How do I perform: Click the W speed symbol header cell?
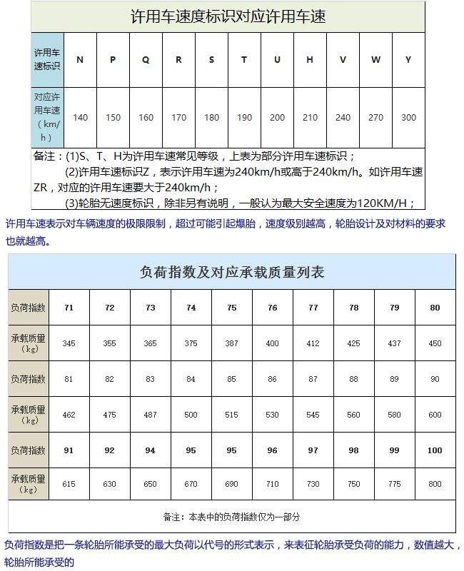(x=375, y=60)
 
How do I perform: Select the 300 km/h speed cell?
(x=408, y=118)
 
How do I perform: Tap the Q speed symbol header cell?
(x=146, y=60)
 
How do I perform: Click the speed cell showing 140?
(x=81, y=118)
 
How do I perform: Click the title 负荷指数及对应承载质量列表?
(x=232, y=272)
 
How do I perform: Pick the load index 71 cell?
(x=69, y=308)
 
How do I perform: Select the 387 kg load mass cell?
(x=232, y=343)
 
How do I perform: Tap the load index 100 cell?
(x=435, y=450)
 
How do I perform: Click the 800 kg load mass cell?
(x=435, y=485)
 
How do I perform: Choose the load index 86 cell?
(x=272, y=379)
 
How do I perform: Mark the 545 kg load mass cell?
(x=313, y=415)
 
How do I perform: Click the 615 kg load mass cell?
(x=69, y=485)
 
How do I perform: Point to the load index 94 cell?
(x=151, y=450)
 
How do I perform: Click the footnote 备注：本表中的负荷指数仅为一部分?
(x=231, y=517)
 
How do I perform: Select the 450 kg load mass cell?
(x=435, y=343)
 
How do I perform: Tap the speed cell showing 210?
(x=310, y=118)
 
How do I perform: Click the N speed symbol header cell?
(x=80, y=60)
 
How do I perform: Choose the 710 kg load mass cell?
(x=272, y=485)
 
